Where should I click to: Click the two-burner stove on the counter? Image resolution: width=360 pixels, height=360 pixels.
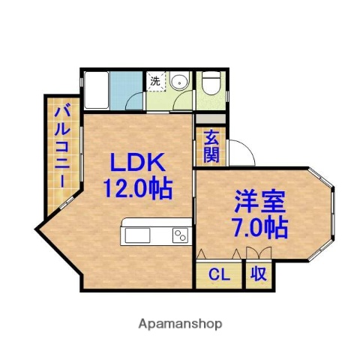click(180, 235)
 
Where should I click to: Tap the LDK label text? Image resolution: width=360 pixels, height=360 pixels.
click(137, 163)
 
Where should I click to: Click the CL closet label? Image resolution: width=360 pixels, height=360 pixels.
click(220, 274)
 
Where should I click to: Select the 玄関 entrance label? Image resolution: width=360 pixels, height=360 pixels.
click(211, 145)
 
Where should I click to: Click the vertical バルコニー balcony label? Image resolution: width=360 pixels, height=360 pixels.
click(62, 148)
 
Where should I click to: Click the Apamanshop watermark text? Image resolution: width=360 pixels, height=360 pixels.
click(180, 324)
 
